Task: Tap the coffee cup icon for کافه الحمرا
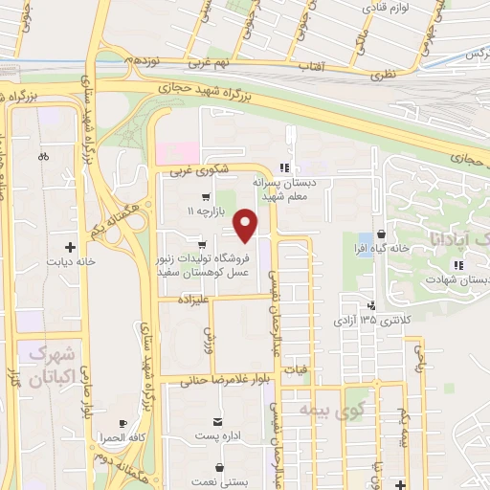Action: (x=122, y=423)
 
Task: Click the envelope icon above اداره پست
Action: (x=219, y=422)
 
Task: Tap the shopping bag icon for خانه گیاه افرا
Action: (x=382, y=233)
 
